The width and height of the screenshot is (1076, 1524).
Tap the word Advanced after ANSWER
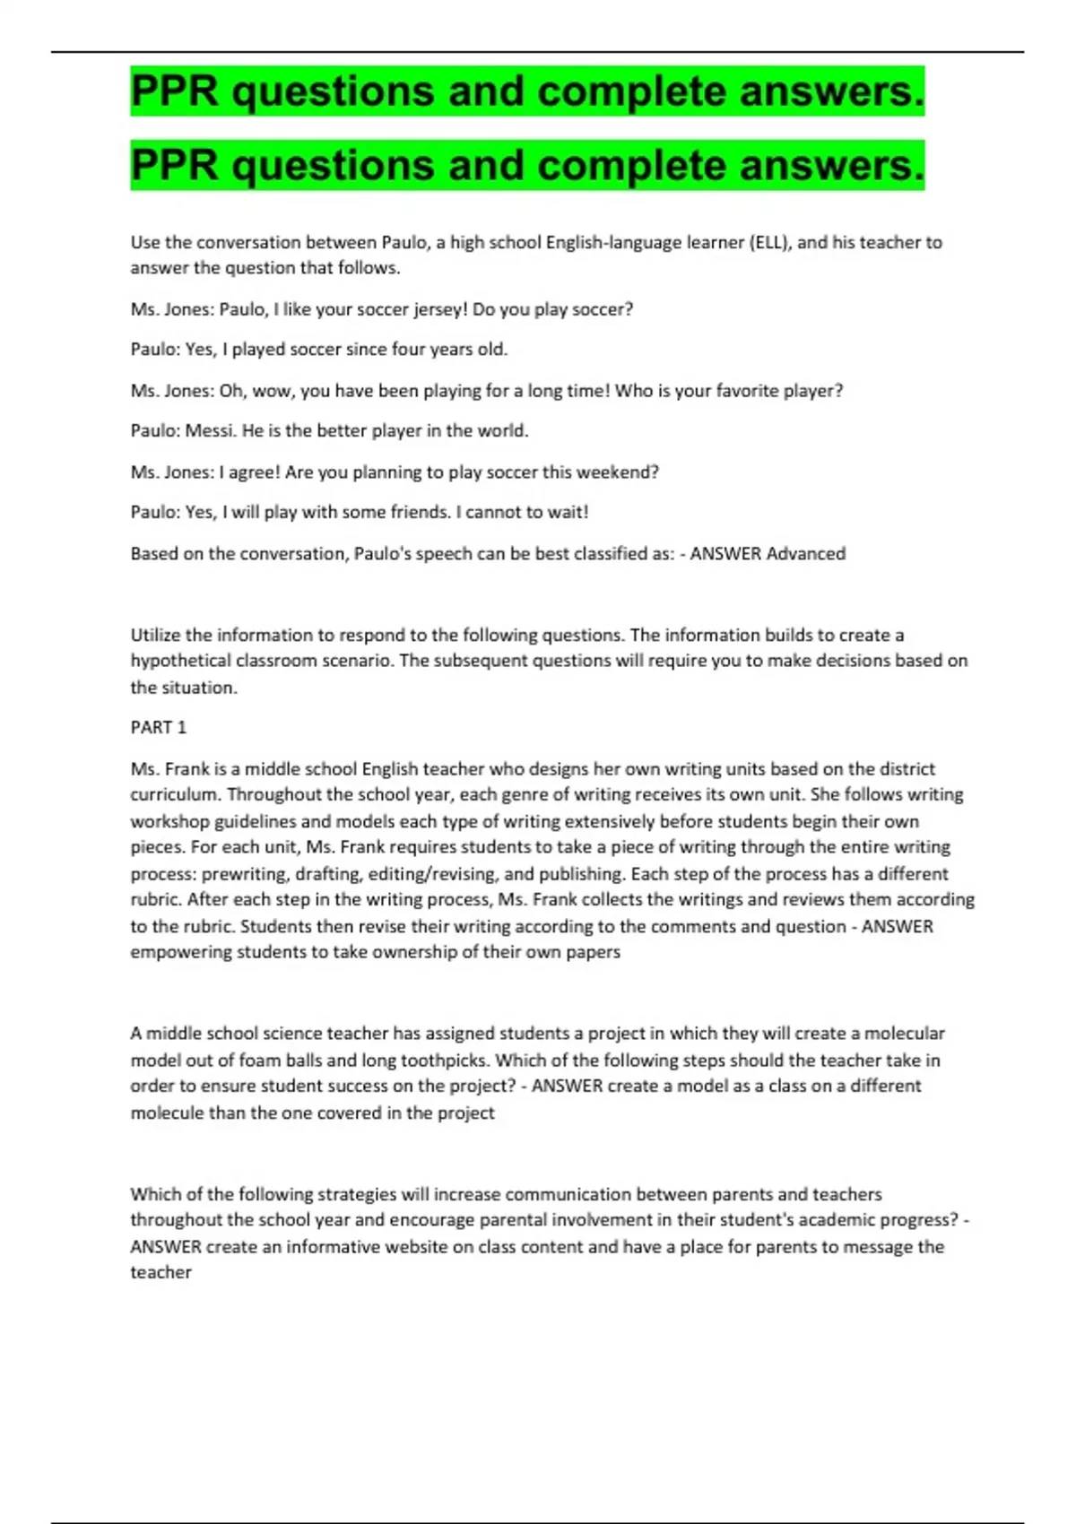tap(806, 554)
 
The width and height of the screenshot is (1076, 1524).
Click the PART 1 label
tap(159, 727)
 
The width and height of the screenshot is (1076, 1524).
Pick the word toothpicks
tap(444, 1061)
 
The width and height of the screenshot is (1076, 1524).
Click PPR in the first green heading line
tap(174, 91)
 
